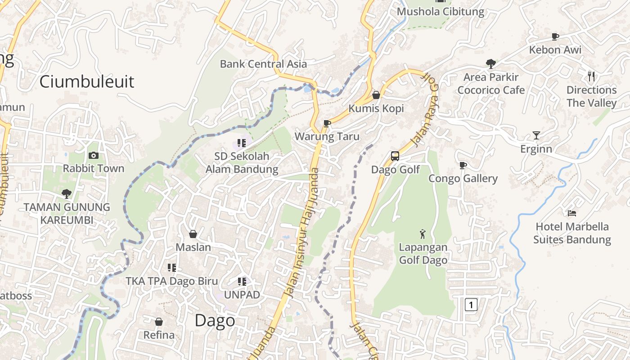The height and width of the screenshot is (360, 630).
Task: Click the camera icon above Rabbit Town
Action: point(94,156)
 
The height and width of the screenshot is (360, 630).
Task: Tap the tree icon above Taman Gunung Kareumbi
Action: point(67,194)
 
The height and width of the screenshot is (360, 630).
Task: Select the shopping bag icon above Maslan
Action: point(193,234)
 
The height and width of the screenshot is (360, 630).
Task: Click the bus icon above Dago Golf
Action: point(395,156)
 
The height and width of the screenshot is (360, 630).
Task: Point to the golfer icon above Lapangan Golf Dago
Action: point(423,234)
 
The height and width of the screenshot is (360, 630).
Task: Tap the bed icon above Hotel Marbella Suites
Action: point(572,213)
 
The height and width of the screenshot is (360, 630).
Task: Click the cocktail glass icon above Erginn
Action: point(536,135)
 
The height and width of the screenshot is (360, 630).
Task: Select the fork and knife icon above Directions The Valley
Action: point(591,76)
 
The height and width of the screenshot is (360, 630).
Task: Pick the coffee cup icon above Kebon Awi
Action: point(555,36)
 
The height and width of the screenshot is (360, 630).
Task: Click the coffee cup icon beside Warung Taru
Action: point(327,123)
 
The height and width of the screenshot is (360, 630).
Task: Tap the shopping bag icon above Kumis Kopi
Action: point(376,95)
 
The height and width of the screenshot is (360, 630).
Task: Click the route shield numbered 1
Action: point(471,305)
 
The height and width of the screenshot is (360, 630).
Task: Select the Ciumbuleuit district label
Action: point(87,81)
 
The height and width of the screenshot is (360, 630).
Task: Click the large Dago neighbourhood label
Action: point(215,320)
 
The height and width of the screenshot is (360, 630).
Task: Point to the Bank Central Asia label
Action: point(263,64)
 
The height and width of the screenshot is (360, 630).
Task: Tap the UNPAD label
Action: point(242,295)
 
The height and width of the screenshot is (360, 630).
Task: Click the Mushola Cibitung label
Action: point(441,12)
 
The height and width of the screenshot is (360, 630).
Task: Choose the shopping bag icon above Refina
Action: point(159,322)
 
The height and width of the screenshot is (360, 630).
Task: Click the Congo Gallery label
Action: point(463,179)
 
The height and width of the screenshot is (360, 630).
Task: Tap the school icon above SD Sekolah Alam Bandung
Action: point(242,143)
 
